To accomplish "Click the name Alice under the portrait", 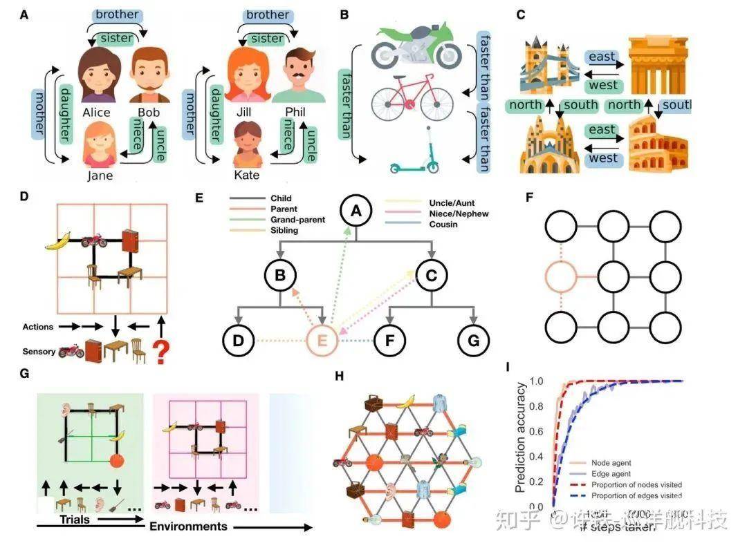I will tap(96, 113).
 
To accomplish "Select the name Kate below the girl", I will tap(246, 175).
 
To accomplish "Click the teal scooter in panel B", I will tap(415, 155).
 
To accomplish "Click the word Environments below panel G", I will tap(188, 526).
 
